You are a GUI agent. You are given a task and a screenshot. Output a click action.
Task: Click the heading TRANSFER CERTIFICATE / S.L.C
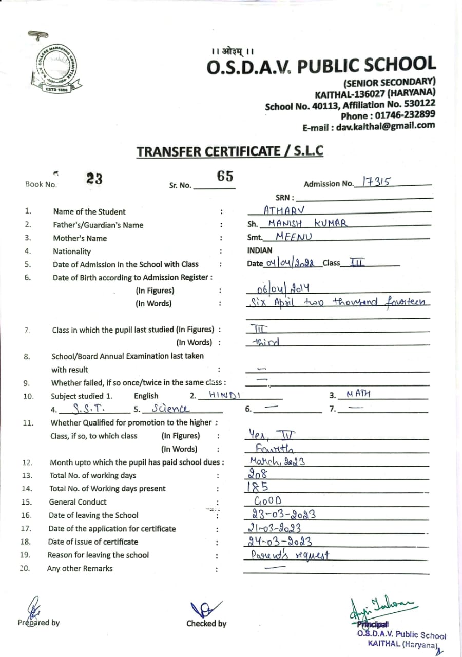pyautogui.click(x=230, y=151)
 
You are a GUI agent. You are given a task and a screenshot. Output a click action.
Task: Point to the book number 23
pyautogui.click(x=94, y=179)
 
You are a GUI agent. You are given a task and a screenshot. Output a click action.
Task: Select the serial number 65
pyautogui.click(x=225, y=176)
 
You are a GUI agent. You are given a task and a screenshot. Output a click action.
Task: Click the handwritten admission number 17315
pyautogui.click(x=376, y=181)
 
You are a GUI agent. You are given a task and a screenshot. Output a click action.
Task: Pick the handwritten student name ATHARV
pyautogui.click(x=284, y=210)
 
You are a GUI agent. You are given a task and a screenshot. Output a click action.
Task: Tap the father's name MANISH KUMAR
pyautogui.click(x=308, y=223)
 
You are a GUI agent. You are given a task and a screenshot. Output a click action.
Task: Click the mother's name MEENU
pyautogui.click(x=294, y=237)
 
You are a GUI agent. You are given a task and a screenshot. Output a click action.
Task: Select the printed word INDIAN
pyautogui.click(x=260, y=251)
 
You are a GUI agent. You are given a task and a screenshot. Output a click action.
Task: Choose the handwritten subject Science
pyautogui.click(x=170, y=409)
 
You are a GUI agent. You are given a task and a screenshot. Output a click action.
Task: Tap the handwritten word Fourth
pyautogui.click(x=275, y=449)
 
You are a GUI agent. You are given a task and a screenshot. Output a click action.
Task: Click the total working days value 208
pyautogui.click(x=259, y=475)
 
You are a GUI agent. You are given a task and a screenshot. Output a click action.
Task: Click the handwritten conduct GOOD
pyautogui.click(x=268, y=501)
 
